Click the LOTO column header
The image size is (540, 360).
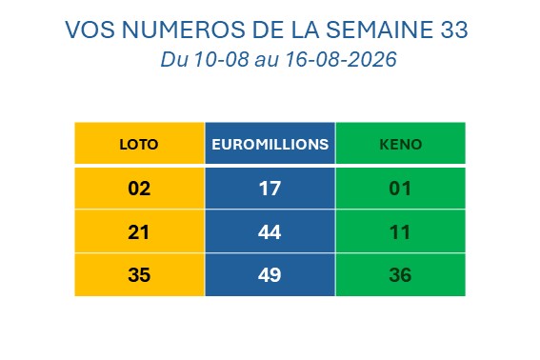click(139, 145)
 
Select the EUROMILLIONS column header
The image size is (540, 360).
click(270, 145)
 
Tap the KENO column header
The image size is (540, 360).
click(401, 145)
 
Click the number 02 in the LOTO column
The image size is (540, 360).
click(139, 189)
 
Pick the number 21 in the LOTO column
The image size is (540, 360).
click(139, 232)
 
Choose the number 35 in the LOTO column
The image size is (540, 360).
click(139, 275)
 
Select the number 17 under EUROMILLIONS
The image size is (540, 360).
click(270, 189)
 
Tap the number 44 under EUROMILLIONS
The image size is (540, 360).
click(270, 232)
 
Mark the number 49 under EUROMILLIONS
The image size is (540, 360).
click(270, 275)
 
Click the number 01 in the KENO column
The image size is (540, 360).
click(400, 189)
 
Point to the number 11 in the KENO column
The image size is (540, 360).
click(400, 232)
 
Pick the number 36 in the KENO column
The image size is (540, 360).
click(400, 275)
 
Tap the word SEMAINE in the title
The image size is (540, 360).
click(379, 30)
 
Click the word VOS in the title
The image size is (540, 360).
click(90, 30)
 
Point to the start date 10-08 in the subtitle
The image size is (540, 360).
click(222, 59)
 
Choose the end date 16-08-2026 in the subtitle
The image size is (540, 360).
click(341, 59)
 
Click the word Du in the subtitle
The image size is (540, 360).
click(174, 59)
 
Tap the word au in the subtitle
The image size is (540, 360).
click(267, 61)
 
